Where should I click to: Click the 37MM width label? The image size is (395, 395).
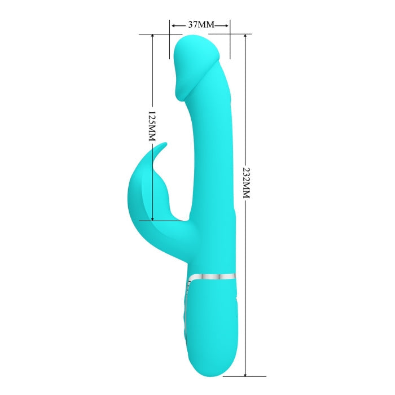[x=200, y=25]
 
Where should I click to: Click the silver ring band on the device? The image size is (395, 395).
[x=212, y=276]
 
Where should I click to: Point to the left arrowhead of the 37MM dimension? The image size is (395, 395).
[x=172, y=25]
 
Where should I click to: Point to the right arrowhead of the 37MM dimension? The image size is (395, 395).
[x=228, y=25]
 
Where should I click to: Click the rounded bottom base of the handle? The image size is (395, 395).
[x=212, y=370]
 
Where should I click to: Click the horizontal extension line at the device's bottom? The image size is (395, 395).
[x=248, y=376]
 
